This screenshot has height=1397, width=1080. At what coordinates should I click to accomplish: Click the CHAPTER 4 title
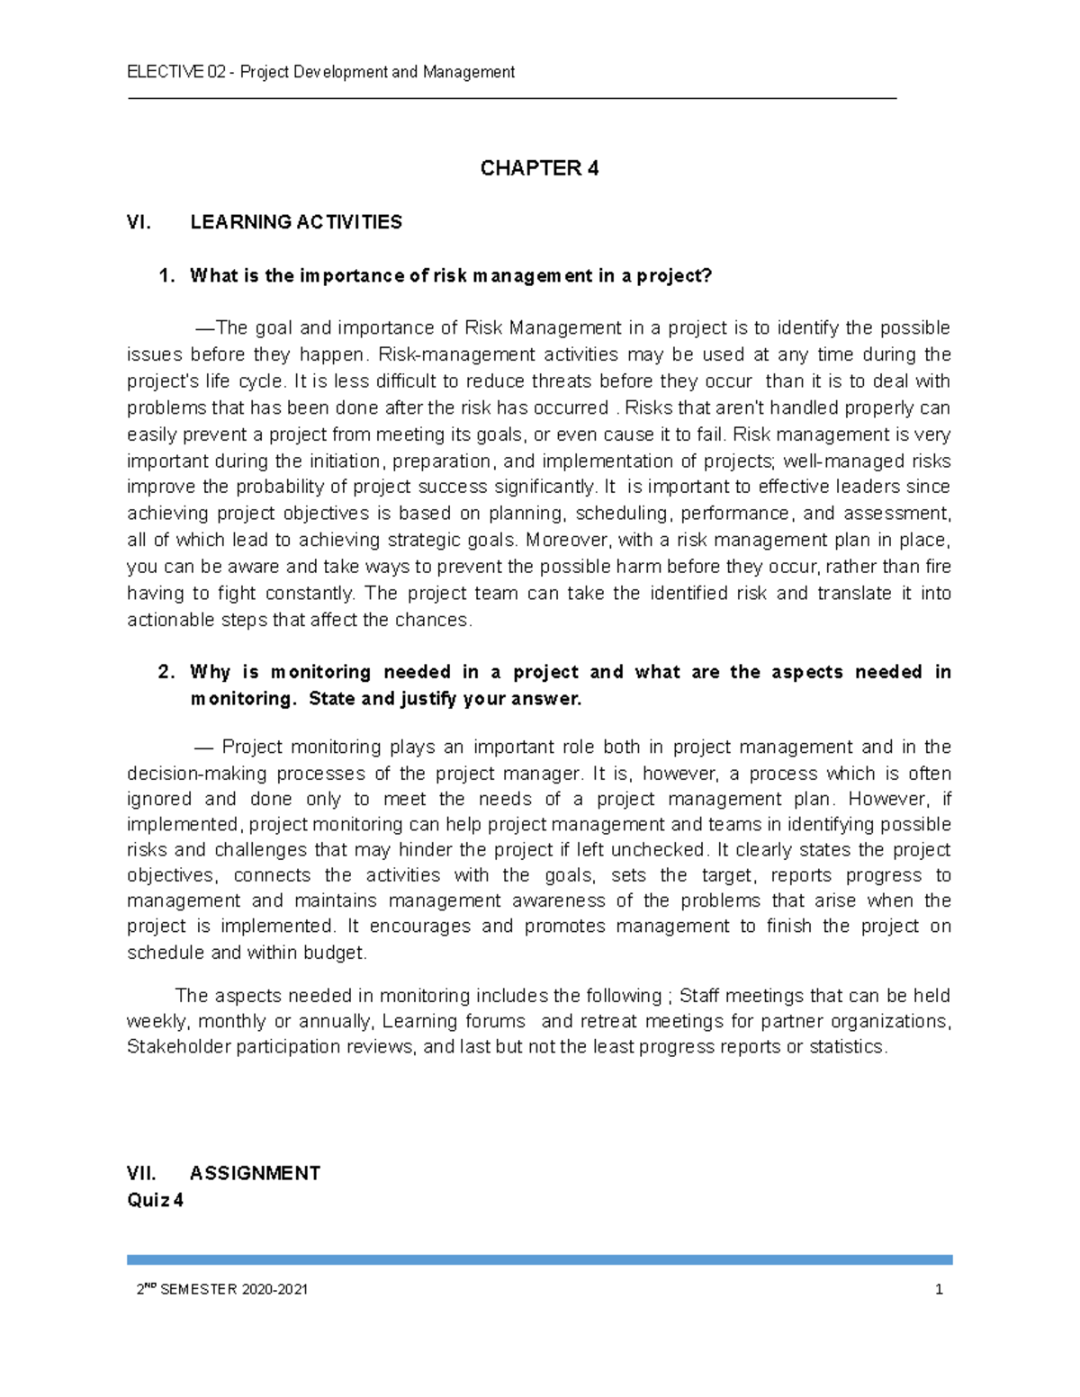pos(539,168)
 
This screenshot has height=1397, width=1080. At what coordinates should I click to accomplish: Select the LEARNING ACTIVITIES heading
pos(296,222)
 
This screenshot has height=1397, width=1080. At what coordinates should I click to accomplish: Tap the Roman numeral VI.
pos(139,222)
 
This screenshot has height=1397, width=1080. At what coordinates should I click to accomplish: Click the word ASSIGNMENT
pos(255,1173)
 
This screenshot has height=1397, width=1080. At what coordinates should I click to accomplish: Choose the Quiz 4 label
pos(155,1200)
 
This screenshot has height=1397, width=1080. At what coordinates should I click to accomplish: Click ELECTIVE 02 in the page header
pos(175,72)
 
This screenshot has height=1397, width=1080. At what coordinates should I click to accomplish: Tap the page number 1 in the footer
pos(939,1289)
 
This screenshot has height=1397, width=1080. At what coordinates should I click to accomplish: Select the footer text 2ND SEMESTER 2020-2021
pos(221,1289)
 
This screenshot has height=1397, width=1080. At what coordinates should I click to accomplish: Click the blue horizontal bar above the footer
pos(539,1259)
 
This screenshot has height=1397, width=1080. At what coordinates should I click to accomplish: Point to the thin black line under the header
pos(512,98)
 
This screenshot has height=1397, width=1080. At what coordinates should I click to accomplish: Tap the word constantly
pos(312,593)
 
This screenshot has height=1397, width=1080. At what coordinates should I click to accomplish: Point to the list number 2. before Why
pos(166,672)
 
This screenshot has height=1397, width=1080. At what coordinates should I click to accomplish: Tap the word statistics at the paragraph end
pos(847,1046)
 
